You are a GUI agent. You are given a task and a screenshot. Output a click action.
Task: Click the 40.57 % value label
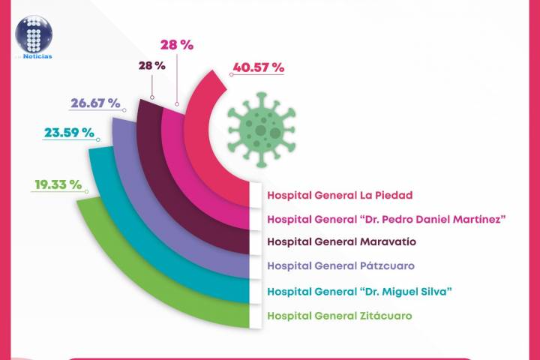(258, 67)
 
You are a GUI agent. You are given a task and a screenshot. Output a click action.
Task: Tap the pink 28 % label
(177, 45)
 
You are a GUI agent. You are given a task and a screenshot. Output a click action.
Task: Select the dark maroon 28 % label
(151, 65)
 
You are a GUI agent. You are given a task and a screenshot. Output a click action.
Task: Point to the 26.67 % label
(96, 103)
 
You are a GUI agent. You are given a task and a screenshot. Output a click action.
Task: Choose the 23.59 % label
(69, 133)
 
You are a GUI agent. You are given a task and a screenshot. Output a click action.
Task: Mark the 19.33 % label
(57, 184)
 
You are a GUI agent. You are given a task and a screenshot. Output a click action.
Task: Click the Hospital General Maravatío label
(341, 241)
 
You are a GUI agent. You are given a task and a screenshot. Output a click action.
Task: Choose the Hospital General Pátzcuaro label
(340, 265)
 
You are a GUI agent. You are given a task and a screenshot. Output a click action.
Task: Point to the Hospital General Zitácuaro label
(339, 315)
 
